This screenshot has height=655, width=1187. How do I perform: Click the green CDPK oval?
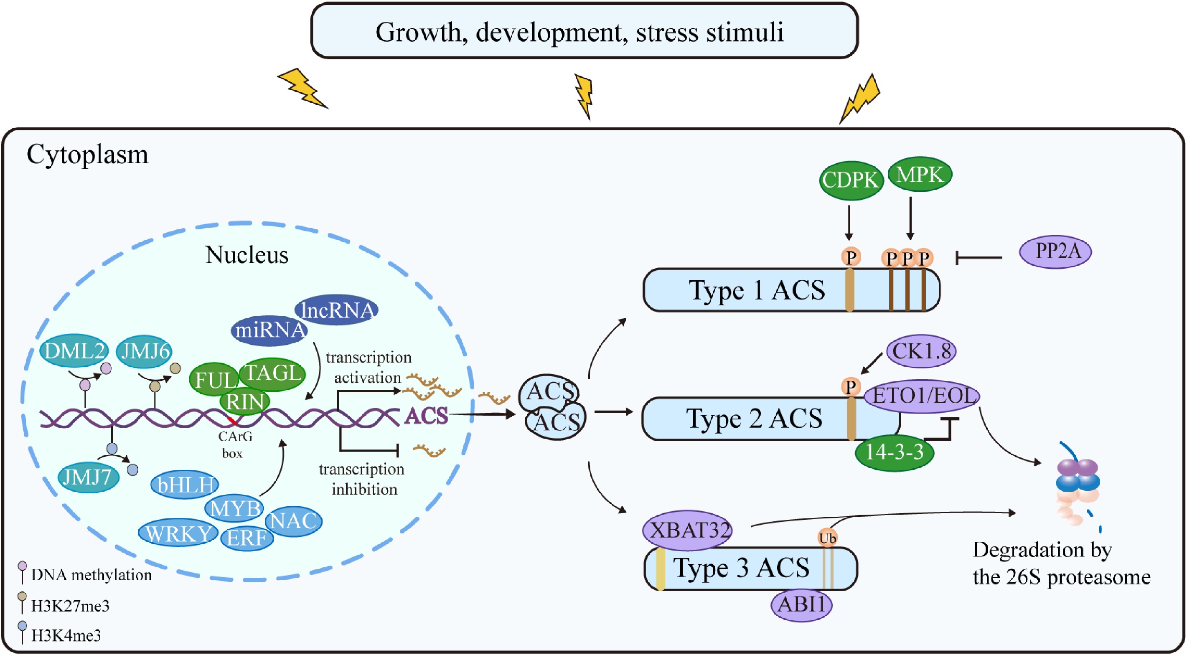tap(851, 180)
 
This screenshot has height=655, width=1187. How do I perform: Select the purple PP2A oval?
tap(1055, 252)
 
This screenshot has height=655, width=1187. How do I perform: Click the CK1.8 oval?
tap(921, 351)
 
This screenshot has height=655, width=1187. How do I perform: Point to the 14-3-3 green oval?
tap(895, 452)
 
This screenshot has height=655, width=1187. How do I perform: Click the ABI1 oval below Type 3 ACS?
tap(801, 604)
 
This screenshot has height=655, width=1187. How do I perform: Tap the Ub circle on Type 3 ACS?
tap(827, 538)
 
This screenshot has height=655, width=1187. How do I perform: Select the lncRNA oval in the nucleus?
tap(337, 310)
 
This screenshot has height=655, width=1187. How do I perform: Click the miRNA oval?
tap(269, 330)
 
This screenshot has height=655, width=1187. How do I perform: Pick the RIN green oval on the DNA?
tap(245, 402)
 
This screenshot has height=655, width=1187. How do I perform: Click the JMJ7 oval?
tap(88, 477)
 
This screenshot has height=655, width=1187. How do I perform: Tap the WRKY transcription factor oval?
tap(178, 533)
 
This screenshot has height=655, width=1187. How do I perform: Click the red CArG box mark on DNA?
tap(233, 421)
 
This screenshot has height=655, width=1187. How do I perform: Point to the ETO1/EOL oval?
tap(922, 396)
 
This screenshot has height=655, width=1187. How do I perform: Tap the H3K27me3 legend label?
tap(70, 606)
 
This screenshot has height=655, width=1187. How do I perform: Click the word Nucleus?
tap(247, 255)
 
